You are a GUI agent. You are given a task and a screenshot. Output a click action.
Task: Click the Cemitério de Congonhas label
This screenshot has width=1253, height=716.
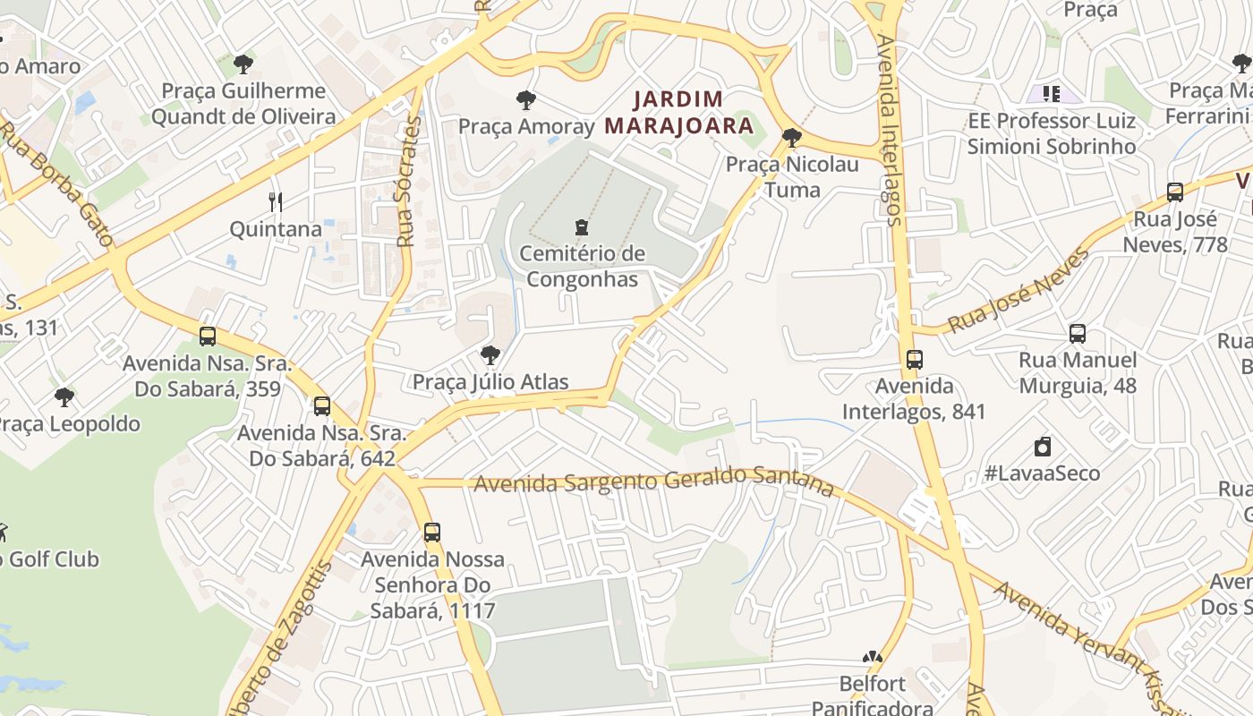click(582, 267)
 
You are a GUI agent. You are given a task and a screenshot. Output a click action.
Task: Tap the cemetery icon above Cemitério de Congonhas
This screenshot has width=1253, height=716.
click(582, 226)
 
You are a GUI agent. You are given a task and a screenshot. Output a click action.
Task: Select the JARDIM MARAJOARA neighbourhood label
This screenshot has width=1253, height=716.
click(678, 112)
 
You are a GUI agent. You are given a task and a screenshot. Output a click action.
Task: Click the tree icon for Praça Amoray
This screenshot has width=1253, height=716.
click(526, 99)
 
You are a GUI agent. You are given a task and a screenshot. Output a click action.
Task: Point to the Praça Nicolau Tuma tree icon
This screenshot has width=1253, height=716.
click(791, 138)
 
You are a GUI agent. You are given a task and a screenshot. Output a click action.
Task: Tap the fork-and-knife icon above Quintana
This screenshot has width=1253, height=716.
click(276, 202)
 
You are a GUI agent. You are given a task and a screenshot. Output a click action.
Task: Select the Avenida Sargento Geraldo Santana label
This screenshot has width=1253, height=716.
click(653, 482)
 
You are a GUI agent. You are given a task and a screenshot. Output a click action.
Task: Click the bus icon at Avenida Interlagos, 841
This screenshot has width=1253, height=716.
click(914, 359)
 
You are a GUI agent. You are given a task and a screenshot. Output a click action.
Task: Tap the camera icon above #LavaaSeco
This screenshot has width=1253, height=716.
click(1042, 447)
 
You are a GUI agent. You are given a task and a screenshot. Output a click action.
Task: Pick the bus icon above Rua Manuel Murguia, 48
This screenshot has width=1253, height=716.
click(1078, 334)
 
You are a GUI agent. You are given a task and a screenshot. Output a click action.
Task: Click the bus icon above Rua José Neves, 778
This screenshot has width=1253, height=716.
click(1175, 192)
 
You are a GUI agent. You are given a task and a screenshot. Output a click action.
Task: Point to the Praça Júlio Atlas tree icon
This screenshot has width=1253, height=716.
click(490, 355)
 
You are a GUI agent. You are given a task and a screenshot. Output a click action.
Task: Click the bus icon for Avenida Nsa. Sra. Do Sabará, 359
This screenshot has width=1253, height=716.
click(208, 337)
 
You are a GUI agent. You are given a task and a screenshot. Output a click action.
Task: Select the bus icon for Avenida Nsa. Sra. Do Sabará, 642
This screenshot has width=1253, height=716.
click(322, 406)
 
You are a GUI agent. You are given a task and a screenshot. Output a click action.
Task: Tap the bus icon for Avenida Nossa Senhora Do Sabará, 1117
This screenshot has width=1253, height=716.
click(432, 533)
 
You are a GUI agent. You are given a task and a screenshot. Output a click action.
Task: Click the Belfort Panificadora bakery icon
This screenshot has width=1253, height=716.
click(873, 658)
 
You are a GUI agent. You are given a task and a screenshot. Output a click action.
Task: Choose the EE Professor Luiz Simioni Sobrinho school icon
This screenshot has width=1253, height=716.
click(1051, 93)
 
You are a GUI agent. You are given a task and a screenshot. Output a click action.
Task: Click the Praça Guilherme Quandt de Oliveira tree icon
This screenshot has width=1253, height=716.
click(243, 64)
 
